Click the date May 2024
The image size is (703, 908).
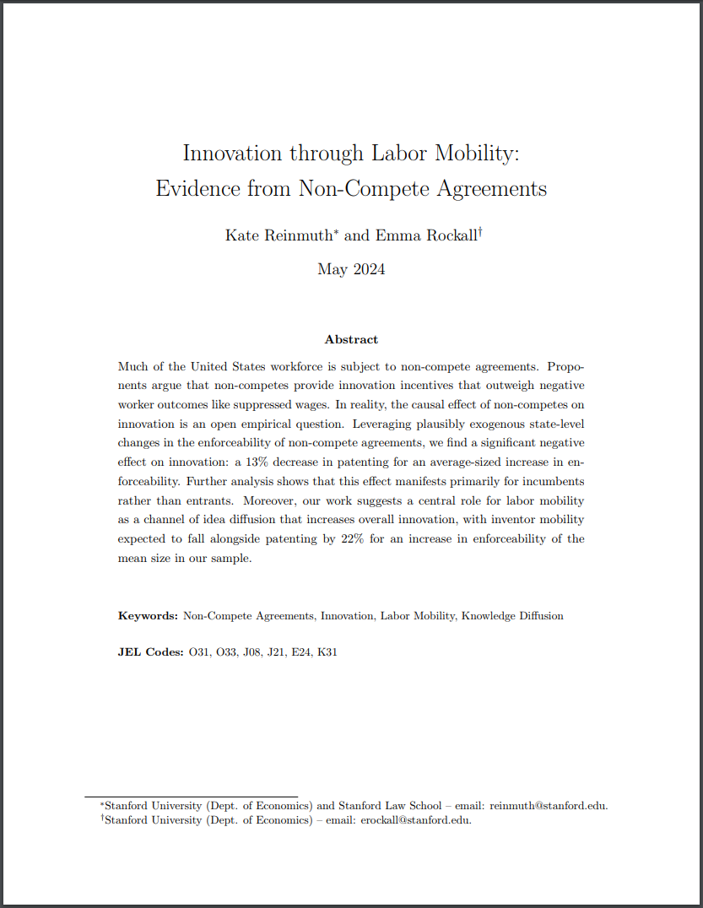351,269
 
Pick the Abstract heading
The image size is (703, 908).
351,339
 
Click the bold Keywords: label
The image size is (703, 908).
148,616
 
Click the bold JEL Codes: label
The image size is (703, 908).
150,652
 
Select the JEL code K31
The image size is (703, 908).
327,652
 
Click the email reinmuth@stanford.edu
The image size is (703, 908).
549,805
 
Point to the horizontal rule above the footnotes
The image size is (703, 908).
191,796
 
